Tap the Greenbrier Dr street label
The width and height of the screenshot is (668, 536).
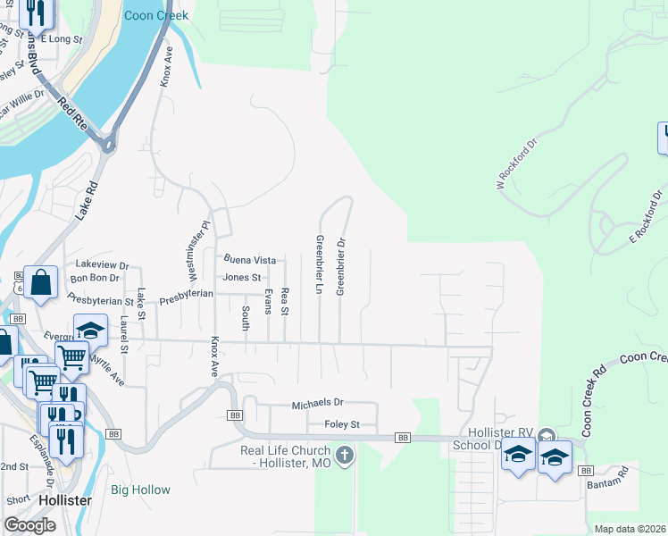click(340, 265)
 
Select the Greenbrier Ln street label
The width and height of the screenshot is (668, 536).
click(319, 264)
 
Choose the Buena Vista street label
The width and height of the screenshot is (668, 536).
click(249, 260)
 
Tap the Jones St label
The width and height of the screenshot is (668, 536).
click(241, 277)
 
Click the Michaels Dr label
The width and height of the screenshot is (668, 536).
click(317, 405)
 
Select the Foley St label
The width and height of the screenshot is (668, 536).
click(342, 424)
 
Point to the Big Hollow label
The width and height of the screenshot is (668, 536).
click(140, 490)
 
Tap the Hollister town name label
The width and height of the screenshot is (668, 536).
click(64, 500)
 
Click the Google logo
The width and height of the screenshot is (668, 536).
click(29, 525)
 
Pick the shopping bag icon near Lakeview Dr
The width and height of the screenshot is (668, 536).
click(41, 282)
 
